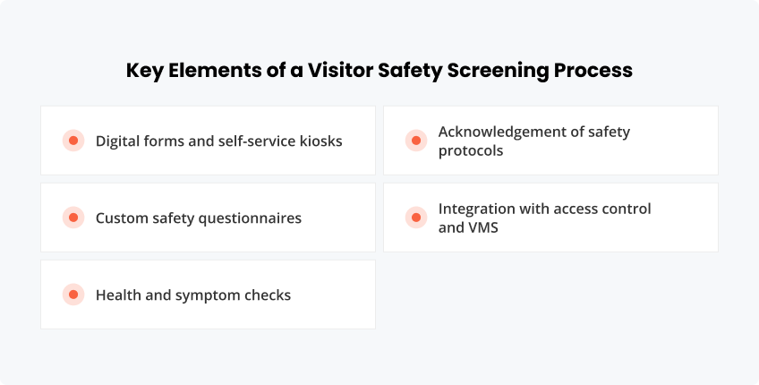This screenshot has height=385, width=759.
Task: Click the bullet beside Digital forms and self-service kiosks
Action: [73, 141]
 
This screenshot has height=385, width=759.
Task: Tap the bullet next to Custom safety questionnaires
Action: [73, 218]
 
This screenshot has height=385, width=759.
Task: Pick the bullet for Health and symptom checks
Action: [73, 295]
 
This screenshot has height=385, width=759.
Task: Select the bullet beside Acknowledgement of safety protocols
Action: [415, 141]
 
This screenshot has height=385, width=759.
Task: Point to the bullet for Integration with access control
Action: [415, 218]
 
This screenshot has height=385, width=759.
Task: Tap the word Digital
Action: [118, 141]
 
